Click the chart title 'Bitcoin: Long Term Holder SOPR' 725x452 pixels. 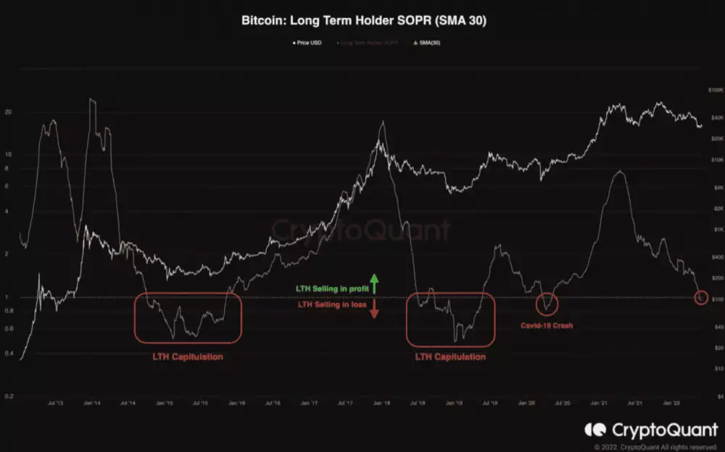363,21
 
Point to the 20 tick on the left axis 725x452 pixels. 8,112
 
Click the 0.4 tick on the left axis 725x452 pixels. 8,354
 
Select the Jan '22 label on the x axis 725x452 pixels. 671,403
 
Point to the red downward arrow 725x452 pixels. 374,310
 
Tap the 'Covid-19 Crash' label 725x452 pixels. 547,326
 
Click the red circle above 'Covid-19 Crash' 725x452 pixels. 549,303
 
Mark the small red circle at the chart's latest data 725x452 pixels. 700,297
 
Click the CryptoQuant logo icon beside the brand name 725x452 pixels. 594,430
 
